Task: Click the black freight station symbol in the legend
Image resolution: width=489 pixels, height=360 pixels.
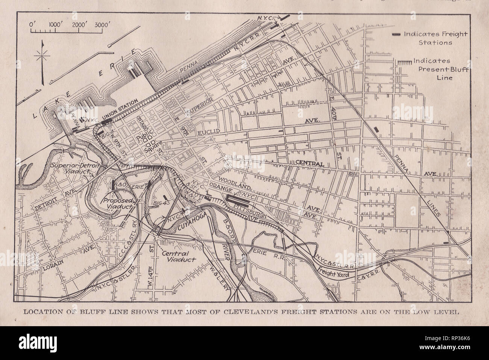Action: [x=396, y=35]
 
